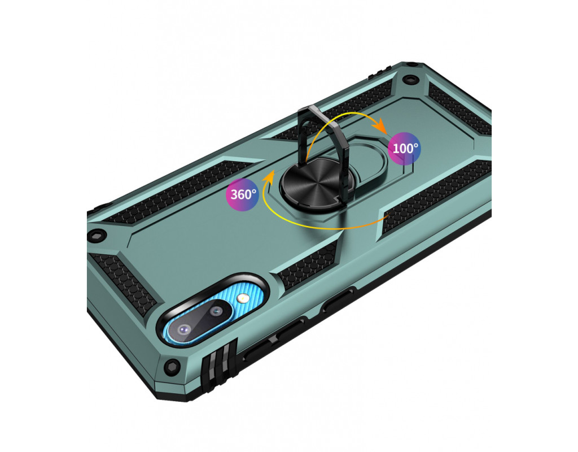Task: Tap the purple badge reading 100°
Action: (405, 149)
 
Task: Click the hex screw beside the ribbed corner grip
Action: (172, 366)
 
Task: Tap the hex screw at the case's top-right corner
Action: (409, 79)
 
